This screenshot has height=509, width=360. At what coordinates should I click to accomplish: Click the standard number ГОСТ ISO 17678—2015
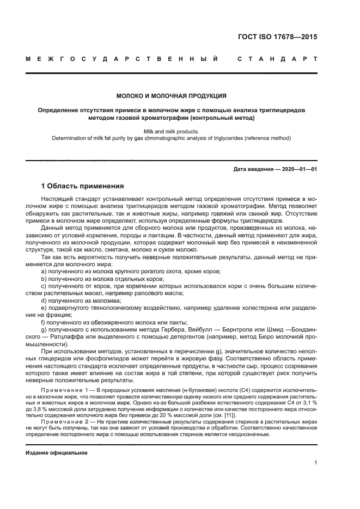click(x=278, y=38)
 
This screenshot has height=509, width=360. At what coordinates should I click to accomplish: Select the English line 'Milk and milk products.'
click(x=172, y=131)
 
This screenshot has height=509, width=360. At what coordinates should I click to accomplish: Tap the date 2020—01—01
click(x=298, y=169)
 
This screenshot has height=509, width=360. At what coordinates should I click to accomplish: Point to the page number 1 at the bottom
click(x=315, y=463)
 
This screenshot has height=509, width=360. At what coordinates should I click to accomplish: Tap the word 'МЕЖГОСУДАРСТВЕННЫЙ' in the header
click(x=123, y=58)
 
